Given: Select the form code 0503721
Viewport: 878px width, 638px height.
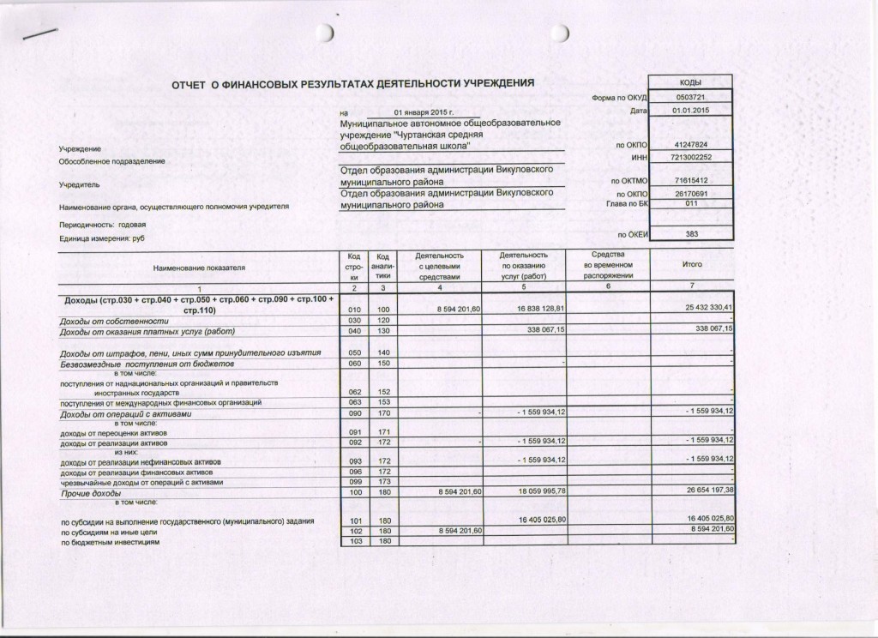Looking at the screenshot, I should [691, 98].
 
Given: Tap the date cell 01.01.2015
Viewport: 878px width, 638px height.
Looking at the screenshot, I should [691, 111].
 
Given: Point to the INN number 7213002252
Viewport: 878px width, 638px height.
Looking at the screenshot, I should [691, 158].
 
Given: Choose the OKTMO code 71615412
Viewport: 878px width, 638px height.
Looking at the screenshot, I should [691, 181].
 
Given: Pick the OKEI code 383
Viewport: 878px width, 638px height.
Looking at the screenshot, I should [691, 233].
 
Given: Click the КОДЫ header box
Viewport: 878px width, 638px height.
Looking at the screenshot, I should [691, 81].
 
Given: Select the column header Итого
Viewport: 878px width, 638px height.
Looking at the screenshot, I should [691, 266].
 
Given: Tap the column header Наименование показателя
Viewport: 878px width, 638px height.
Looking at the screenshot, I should [199, 268].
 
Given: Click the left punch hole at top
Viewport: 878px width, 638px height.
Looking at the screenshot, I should [325, 33].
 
